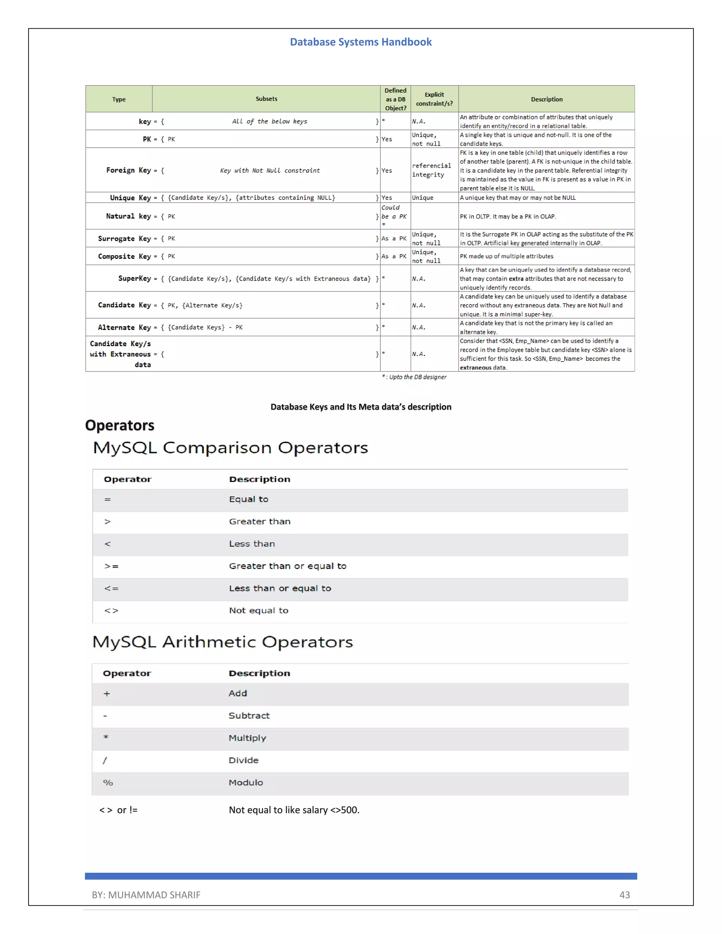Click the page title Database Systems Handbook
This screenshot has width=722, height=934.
pyautogui.click(x=361, y=42)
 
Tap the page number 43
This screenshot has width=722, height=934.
pyautogui.click(x=624, y=895)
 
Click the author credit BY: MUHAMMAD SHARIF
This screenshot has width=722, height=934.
pyautogui.click(x=146, y=895)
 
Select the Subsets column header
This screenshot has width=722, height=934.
pyautogui.click(x=266, y=99)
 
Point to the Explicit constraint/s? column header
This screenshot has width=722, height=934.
pyautogui.click(x=434, y=99)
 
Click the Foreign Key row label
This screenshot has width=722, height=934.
pyautogui.click(x=128, y=170)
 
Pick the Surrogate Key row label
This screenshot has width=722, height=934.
pyautogui.click(x=124, y=239)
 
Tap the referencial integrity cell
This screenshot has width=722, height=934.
pyautogui.click(x=431, y=170)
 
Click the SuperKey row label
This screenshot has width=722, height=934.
pyautogui.click(x=134, y=278)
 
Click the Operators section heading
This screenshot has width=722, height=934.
pyautogui.click(x=120, y=425)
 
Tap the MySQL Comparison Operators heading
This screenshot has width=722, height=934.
pyautogui.click(x=231, y=448)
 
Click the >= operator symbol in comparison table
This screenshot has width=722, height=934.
pyautogui.click(x=111, y=566)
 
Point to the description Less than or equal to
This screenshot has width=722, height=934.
pyautogui.click(x=280, y=589)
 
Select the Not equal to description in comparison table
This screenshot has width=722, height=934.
pyautogui.click(x=258, y=611)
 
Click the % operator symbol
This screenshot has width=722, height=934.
pyautogui.click(x=108, y=782)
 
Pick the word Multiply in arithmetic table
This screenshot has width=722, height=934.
pyautogui.click(x=247, y=738)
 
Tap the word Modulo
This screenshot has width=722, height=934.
pyautogui.click(x=245, y=782)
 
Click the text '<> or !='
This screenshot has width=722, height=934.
pyautogui.click(x=118, y=810)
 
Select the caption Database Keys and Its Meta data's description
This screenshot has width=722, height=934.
pyautogui.click(x=361, y=407)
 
